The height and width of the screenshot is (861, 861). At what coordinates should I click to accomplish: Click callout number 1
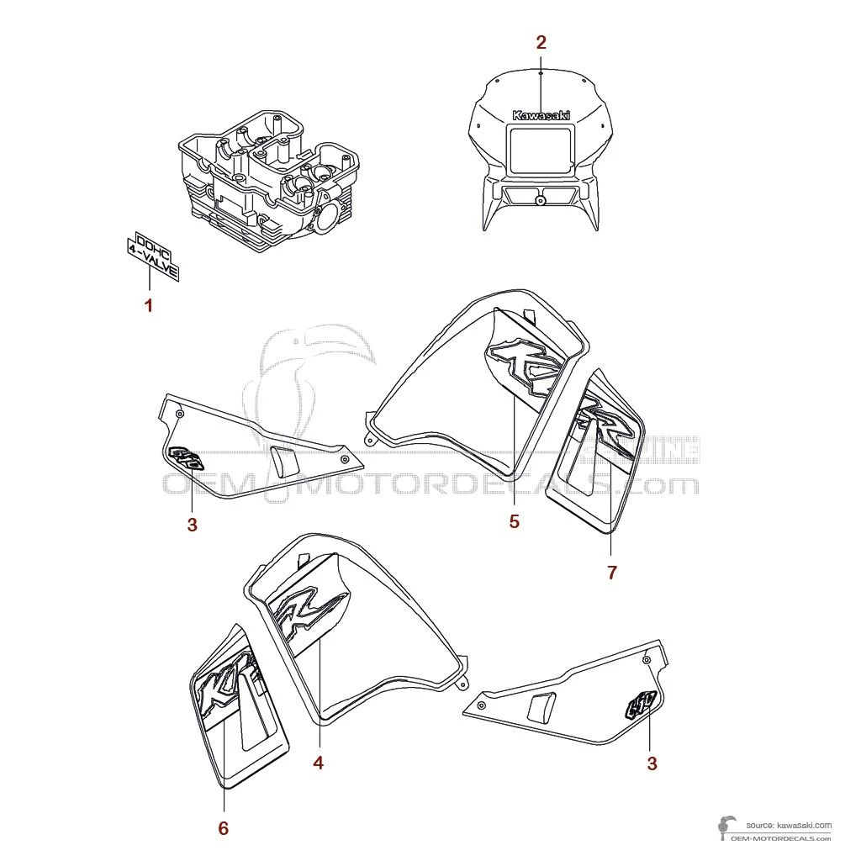pos(149,305)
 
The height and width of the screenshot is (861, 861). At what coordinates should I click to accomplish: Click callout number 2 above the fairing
pos(541,42)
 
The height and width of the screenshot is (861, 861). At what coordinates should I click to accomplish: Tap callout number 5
pos(514,521)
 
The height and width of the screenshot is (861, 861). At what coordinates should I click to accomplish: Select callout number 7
pos(612,573)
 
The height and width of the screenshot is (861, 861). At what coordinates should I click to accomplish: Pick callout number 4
pos(318,763)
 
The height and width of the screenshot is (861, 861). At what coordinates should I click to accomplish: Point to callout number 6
pos(223,828)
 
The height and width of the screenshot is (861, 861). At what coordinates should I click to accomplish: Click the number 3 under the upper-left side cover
pos(193,526)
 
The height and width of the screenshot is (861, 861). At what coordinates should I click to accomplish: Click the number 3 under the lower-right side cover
pos(652,763)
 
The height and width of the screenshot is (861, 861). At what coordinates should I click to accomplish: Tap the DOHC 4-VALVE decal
pos(153,254)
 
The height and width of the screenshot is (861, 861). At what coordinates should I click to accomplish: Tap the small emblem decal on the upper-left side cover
pos(187,460)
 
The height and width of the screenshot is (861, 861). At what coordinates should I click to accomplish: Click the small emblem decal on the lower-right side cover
pos(642,704)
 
